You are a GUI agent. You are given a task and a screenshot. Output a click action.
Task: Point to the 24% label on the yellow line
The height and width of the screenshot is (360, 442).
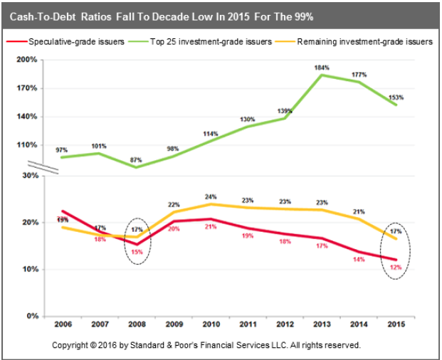point(211,196)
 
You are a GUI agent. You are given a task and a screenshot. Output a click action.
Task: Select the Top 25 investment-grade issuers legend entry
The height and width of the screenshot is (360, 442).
point(213,42)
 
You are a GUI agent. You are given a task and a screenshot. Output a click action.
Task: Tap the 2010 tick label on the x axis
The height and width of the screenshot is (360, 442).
point(211,326)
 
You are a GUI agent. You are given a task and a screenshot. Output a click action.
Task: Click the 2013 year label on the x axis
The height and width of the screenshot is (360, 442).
point(322,326)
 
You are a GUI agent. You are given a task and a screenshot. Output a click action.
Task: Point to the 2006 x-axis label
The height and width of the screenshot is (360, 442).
point(62,326)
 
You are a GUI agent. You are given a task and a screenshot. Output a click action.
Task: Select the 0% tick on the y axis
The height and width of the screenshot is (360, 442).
point(31,316)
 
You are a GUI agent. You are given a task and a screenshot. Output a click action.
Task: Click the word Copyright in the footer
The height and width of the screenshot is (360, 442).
point(73,345)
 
